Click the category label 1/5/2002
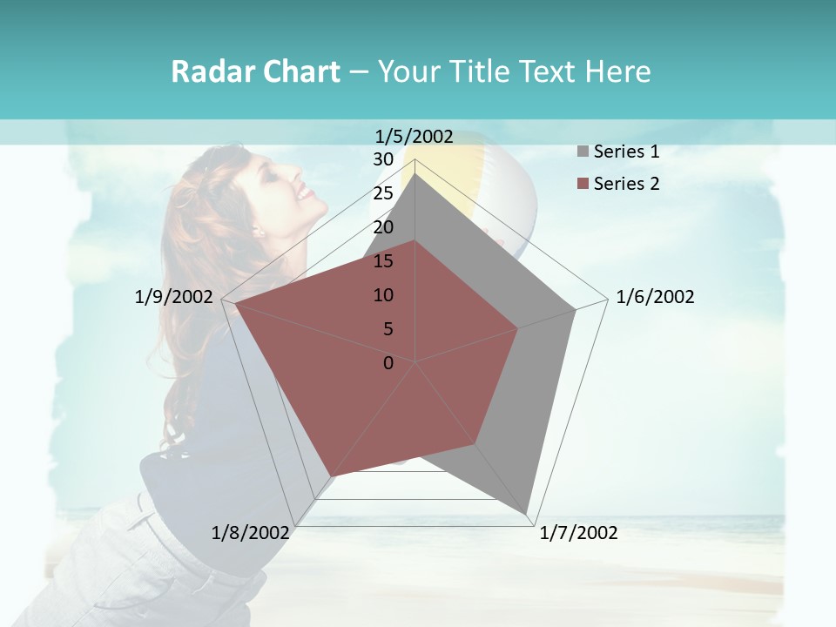coord(414,137)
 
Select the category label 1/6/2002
coord(655,297)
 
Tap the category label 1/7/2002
coord(578,533)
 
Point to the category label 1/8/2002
coord(250,533)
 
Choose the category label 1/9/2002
coord(174,297)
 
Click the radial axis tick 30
coord(383,159)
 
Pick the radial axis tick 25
coord(383,193)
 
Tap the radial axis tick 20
coord(383,227)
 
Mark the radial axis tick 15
coord(383,261)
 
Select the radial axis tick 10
coord(383,295)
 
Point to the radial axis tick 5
coord(388,329)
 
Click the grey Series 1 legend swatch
coord(583,152)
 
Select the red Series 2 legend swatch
coord(583,184)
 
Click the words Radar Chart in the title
coord(255,71)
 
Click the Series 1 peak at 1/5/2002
coord(415,173)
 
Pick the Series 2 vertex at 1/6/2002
coord(518,329)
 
